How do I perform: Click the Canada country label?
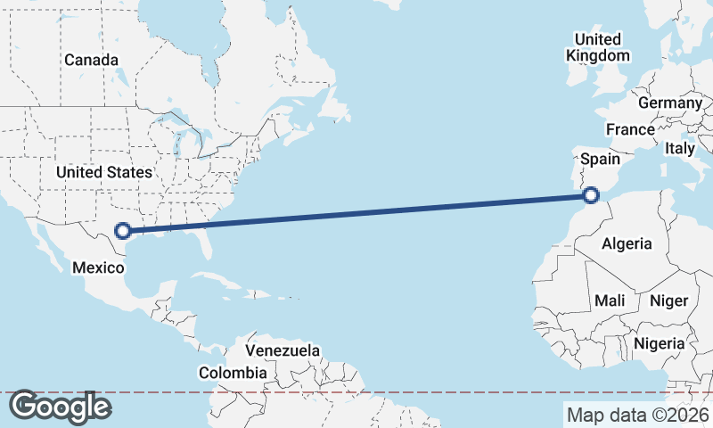point(91,60)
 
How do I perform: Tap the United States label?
point(104,171)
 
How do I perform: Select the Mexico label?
point(96,267)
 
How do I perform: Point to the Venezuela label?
point(283,350)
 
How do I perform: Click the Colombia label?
point(233,372)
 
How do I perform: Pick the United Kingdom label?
point(597,47)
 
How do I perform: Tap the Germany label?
point(670,103)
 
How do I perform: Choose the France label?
point(630,129)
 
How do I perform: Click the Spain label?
point(600,159)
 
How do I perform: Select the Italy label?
point(679,149)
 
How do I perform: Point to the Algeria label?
point(627,243)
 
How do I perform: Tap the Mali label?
point(611,300)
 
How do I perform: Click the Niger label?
point(668,300)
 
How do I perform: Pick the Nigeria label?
point(659,343)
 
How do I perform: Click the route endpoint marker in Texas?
point(124,231)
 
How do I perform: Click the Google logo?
point(60,407)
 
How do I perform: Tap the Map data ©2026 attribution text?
point(637,415)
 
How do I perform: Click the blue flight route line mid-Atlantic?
point(356,213)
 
